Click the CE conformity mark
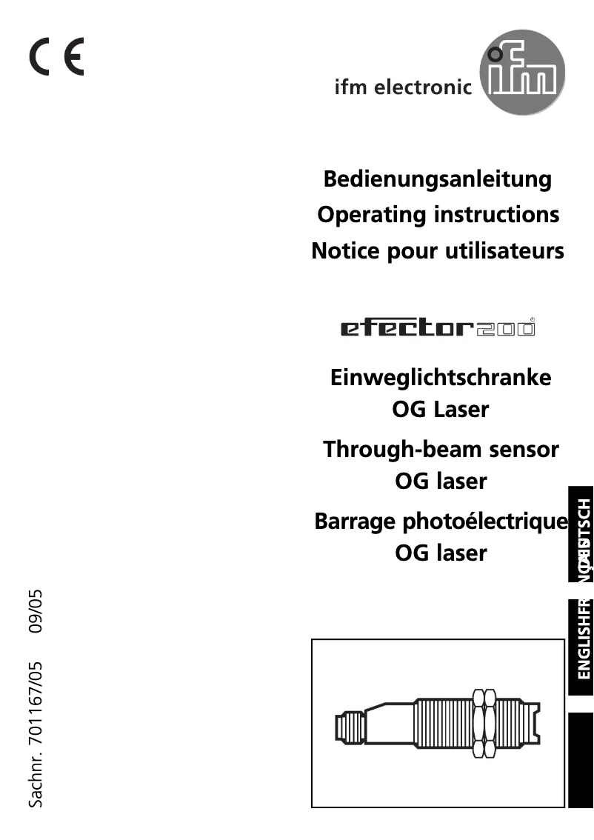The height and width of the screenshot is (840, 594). [57, 56]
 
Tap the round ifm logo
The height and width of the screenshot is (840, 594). [522, 76]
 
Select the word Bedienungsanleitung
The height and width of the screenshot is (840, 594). [438, 179]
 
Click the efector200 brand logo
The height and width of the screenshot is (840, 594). [438, 327]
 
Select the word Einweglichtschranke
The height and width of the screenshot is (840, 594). [441, 377]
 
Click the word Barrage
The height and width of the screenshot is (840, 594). [355, 521]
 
